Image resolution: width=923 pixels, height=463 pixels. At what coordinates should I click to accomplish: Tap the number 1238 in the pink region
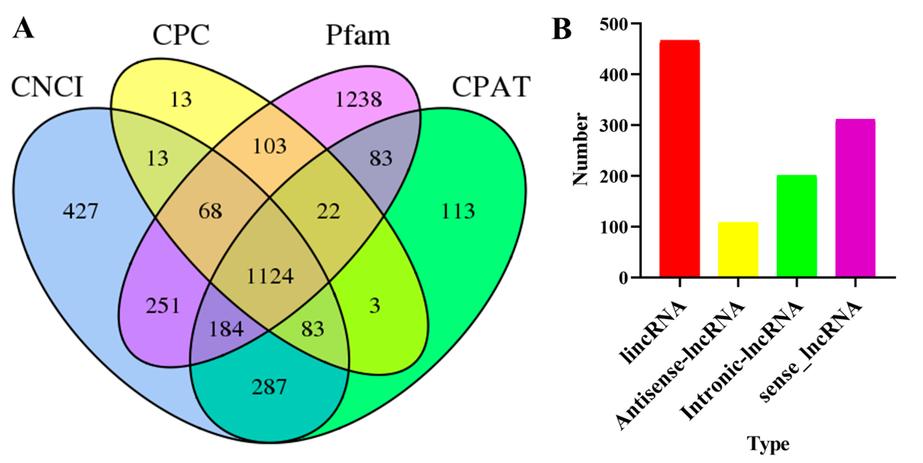[x=358, y=99]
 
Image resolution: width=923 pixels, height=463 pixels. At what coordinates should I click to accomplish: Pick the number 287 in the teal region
[x=269, y=387]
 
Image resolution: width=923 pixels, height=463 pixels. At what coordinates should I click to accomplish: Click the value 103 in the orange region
[x=270, y=146]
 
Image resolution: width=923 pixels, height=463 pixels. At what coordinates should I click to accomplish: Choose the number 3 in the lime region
[x=374, y=306]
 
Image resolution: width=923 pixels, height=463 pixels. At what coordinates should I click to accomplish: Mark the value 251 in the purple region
[x=162, y=306]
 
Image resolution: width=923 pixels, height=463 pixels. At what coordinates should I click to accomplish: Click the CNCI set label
[x=47, y=87]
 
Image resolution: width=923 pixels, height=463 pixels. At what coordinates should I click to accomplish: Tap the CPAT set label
[x=491, y=87]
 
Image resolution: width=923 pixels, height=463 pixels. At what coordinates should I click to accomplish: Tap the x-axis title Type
[x=768, y=444]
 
